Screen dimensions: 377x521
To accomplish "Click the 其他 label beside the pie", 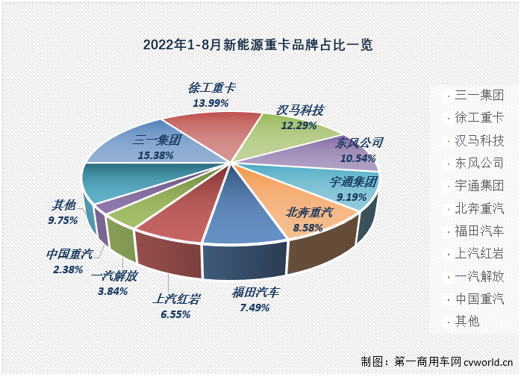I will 63,205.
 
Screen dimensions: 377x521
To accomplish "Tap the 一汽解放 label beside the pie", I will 114,276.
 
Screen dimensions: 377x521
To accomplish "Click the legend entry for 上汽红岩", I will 478,253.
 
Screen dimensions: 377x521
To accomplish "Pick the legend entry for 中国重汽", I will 478,299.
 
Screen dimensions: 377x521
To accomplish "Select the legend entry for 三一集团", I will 478,95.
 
